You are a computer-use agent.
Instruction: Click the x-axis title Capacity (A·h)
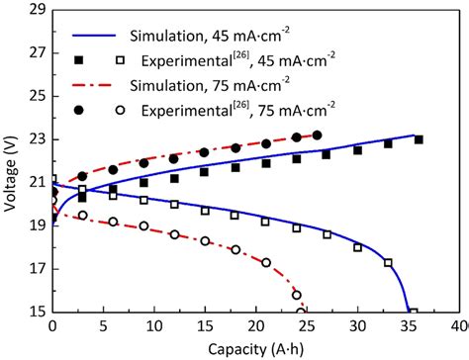(x=255, y=348)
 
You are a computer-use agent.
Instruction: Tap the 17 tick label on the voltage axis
(x=36, y=268)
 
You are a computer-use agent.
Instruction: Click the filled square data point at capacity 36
(x=419, y=139)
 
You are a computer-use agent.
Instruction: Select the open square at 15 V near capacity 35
(x=414, y=312)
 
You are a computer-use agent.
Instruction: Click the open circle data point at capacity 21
(x=266, y=262)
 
